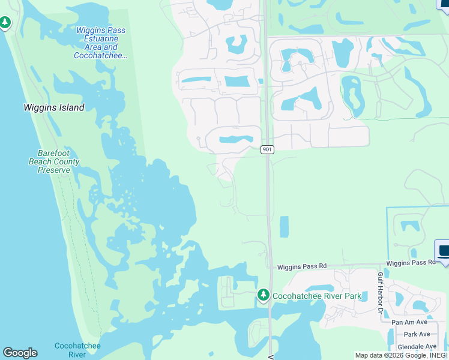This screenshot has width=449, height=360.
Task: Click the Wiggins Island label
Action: [53, 108]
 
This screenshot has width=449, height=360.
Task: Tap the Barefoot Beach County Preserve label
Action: [54, 161]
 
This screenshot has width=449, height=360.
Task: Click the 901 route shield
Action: [268, 149]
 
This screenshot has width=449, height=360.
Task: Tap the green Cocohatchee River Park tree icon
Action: [263, 295]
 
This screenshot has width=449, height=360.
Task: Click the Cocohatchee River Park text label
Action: [317, 296]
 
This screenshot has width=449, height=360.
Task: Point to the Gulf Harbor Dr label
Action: [380, 292]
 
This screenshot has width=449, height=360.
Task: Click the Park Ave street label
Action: [417, 334]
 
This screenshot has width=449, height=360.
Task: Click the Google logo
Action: [20, 353]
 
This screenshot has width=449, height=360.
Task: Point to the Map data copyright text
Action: [401, 355]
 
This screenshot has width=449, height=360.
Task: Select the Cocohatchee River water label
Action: [77, 350]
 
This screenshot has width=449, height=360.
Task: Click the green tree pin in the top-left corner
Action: [5, 23]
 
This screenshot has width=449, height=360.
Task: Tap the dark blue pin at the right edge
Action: [444, 251]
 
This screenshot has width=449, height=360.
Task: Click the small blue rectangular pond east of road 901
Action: [284, 226]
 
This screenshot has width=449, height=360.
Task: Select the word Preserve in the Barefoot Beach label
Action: [54, 170]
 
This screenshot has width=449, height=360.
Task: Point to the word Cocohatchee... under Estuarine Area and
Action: [101, 55]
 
